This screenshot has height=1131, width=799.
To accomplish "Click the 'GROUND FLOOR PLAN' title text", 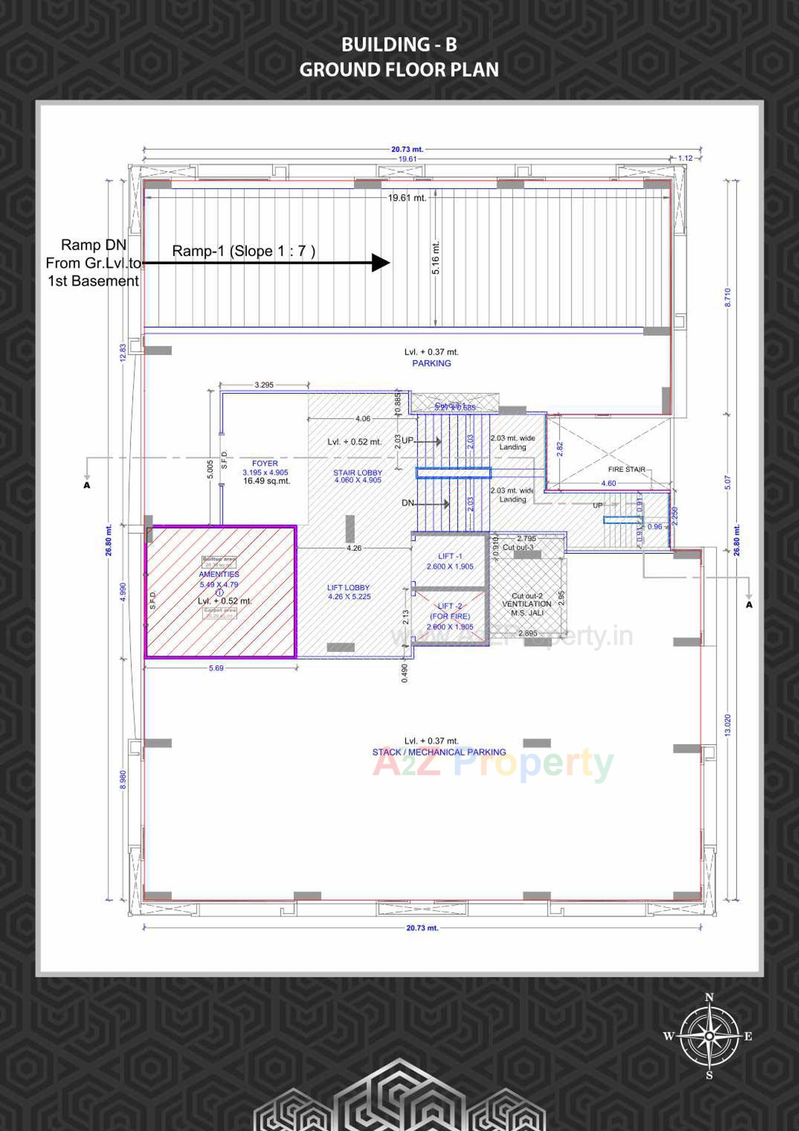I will pos(399,70).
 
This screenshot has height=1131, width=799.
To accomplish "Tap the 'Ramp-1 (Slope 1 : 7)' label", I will pos(243,251).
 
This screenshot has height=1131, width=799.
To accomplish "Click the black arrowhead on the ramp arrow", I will pos(380,263).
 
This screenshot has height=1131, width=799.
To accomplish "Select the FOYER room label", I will pos(265,463).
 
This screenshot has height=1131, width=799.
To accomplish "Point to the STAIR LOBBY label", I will pos(357,473).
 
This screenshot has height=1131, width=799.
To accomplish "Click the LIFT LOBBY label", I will pos(348,588).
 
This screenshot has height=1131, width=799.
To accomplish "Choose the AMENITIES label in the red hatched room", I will pos(219,574).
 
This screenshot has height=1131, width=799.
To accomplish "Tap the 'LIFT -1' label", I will pos(450,556).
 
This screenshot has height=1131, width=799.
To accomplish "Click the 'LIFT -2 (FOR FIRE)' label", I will pos(450,611).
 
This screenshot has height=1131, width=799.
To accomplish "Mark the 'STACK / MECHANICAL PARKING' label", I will pos(438,752).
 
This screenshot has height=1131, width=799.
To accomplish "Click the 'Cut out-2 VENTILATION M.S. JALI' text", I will pos(527,604).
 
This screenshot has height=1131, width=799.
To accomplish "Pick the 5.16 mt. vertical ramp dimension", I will pos(436,258).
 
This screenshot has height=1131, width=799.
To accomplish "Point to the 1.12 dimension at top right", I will pos(685,158).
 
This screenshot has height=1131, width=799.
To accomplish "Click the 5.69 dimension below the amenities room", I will pos(216,668).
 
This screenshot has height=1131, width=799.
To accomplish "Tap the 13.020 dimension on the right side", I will pos(727,725).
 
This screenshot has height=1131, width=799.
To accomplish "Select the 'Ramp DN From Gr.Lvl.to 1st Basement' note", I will pos(93,263).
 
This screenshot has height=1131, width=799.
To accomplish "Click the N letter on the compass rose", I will pos(709,997).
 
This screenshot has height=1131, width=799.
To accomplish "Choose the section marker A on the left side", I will pos(87,486).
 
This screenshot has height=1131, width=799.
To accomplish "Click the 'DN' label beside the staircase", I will pos(407,503).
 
